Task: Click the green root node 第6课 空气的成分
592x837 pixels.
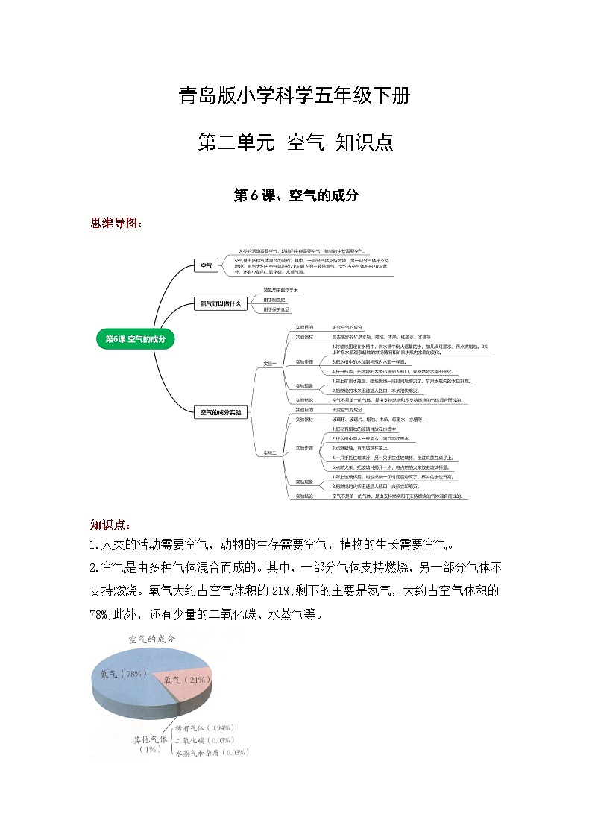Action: (x=135, y=338)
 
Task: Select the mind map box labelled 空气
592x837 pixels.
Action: (x=206, y=265)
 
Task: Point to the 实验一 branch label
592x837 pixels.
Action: (x=269, y=364)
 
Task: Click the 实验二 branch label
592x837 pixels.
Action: (x=269, y=452)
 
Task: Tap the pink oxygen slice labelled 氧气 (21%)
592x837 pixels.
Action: (x=184, y=680)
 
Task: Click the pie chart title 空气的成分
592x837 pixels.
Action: (x=152, y=639)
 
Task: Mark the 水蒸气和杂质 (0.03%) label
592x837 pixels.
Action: (x=211, y=753)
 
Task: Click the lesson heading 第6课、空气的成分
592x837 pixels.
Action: (x=296, y=195)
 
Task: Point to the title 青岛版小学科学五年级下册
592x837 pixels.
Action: (x=295, y=96)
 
